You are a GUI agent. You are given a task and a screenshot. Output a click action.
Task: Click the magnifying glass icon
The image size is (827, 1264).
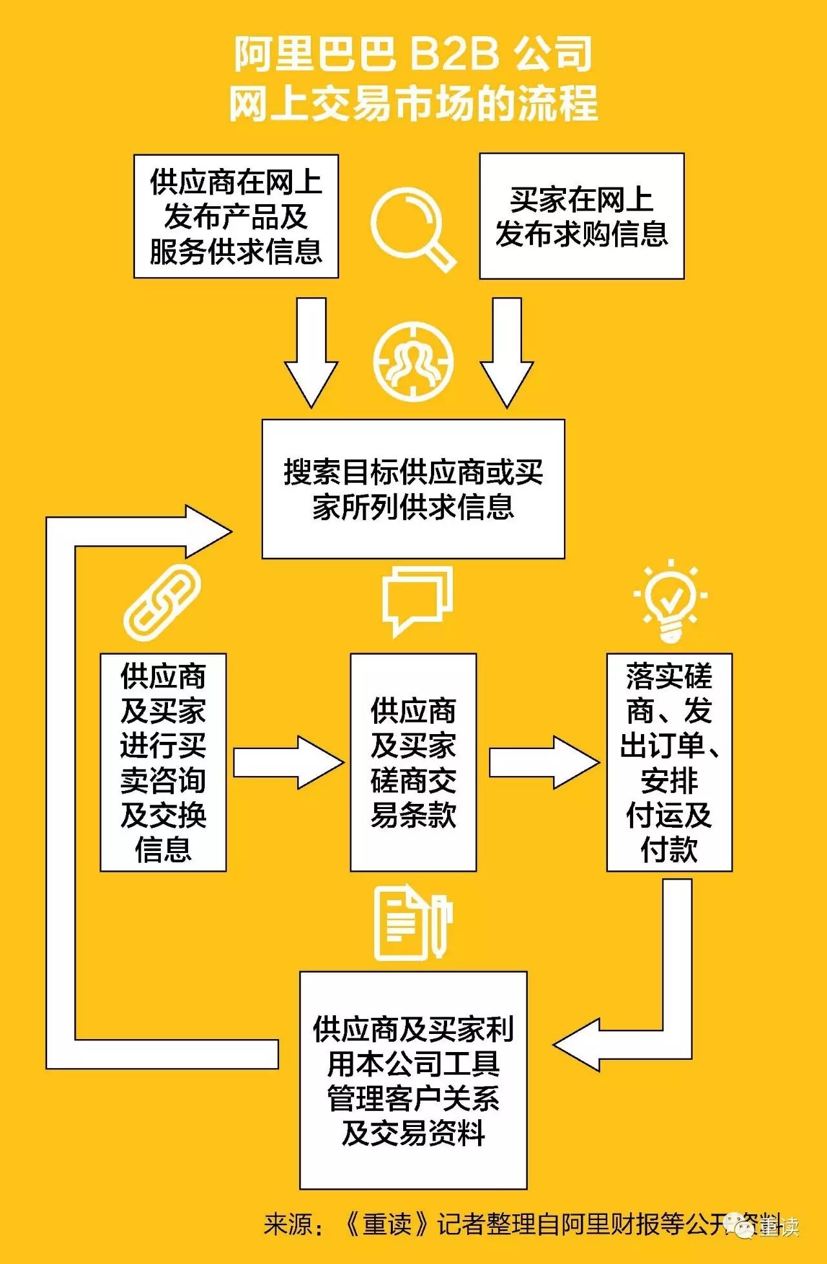412,227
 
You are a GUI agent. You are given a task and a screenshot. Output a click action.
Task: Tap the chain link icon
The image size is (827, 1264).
162,602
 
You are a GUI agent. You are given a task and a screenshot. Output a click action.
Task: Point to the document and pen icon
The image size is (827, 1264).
412,923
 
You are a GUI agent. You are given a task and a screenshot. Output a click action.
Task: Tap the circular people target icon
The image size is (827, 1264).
413,362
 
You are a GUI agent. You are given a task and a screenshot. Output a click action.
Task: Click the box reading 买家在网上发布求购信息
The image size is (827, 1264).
581,216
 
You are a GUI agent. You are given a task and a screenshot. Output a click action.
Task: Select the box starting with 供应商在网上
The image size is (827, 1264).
236,216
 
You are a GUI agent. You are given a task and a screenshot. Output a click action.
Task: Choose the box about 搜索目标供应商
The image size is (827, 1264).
413,489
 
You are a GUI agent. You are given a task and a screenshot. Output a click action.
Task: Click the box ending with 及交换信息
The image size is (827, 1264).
163,763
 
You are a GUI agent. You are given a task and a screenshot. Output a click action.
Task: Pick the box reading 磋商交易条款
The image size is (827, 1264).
413,763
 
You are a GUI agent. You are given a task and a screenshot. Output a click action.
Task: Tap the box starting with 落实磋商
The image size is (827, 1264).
669,763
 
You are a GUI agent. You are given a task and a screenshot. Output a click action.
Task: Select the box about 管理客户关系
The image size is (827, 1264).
413,1080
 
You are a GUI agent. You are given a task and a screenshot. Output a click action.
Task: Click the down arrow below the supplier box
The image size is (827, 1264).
311,352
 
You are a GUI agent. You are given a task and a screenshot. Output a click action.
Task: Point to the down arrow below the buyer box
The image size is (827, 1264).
507,352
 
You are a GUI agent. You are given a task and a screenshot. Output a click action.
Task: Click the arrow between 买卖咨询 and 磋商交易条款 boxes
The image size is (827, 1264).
288,763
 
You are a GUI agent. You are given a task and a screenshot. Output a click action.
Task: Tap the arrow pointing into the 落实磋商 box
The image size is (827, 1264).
543,763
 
